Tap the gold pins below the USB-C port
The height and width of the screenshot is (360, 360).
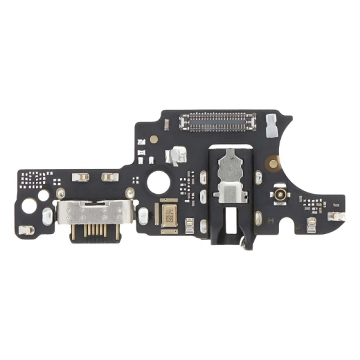point(95,233)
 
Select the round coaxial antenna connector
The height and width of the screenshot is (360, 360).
point(280,194)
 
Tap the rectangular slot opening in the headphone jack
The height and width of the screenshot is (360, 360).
point(227,220)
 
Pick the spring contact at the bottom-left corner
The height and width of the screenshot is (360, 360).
point(26,230)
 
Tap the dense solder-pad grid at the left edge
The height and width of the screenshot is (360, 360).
point(33,179)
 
